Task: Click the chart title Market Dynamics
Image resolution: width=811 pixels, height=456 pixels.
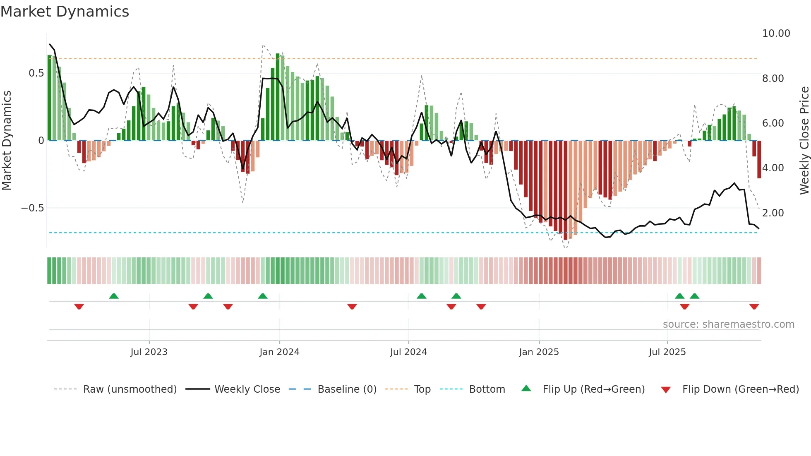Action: coord(65,12)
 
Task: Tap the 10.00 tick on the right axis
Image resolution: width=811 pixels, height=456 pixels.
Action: coord(776,34)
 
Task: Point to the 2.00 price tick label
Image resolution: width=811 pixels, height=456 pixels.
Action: coord(773,213)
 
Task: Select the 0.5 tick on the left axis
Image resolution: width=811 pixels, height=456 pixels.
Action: coord(36,73)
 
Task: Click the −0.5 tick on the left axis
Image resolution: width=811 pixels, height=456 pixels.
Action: coord(32,208)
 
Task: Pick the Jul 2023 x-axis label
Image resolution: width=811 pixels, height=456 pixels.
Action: coord(149,352)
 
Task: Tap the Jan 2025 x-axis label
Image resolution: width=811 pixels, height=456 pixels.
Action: coord(539,352)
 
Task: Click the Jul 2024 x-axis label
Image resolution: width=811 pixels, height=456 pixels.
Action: coord(408,352)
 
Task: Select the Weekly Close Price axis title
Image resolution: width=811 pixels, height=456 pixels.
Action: coord(804,141)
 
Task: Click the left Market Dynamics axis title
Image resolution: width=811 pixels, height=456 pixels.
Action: coord(7,141)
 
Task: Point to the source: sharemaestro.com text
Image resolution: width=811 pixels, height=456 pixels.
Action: coord(728,324)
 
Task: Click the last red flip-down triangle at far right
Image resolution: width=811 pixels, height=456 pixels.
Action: coord(754,307)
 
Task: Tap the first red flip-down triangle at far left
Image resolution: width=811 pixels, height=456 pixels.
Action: coord(79,307)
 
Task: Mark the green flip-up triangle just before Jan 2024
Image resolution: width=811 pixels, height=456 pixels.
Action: coord(262,296)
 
